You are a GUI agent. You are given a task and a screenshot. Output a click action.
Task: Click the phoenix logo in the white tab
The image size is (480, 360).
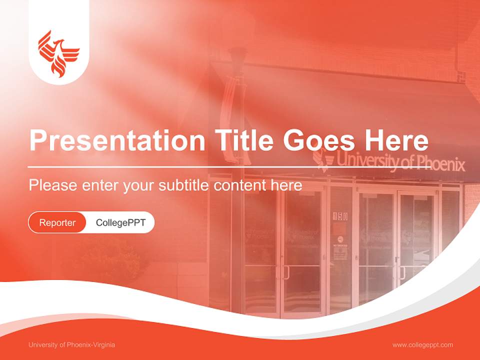(x=59, y=54)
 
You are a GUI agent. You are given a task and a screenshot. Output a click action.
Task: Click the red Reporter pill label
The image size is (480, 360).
(x=57, y=222)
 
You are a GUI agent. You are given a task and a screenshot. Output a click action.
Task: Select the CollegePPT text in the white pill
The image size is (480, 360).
(x=120, y=222)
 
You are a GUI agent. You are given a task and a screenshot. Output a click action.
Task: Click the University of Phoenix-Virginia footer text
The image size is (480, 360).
(x=71, y=345)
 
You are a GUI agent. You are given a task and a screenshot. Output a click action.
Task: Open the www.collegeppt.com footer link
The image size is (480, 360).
(x=422, y=345)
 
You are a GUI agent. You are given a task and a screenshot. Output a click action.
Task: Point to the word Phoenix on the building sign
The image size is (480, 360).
(x=440, y=164)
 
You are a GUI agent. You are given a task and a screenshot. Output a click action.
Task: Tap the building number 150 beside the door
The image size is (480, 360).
(x=340, y=216)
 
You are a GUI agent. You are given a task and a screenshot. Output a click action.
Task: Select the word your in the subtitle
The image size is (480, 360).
(x=140, y=185)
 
